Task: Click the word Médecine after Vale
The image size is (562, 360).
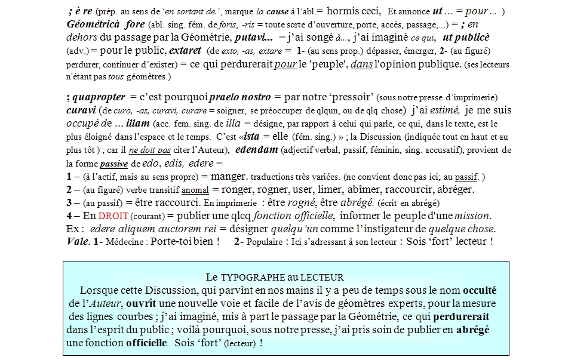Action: tap(123, 242)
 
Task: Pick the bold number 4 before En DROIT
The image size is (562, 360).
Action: tap(70, 216)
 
